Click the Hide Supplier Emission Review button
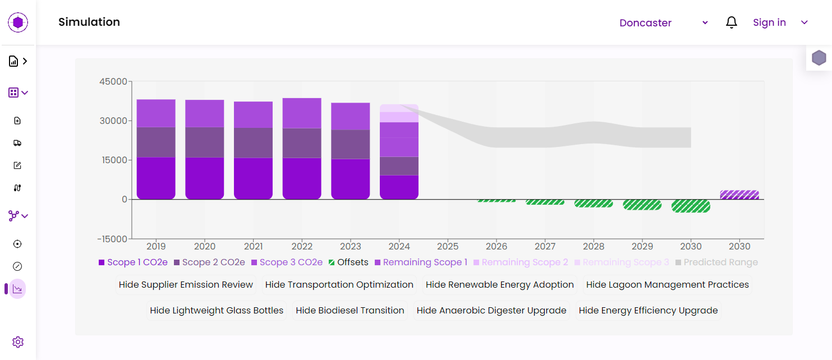[186, 285]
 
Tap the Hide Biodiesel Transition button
[350, 311]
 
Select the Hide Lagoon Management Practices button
[667, 285]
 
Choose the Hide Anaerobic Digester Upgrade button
[491, 311]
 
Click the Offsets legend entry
[348, 262]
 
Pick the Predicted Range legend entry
[716, 262]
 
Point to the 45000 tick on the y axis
[113, 81]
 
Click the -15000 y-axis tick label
[112, 239]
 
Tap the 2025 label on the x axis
[448, 246]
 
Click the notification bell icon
[732, 22]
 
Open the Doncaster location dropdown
[664, 23]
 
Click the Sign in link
[769, 22]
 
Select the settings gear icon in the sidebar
[18, 342]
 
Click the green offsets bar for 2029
[642, 205]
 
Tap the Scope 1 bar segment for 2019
[156, 178]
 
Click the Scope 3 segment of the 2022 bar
[302, 113]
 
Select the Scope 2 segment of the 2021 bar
[253, 142]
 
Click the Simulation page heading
[89, 22]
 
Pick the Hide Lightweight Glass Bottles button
[217, 311]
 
